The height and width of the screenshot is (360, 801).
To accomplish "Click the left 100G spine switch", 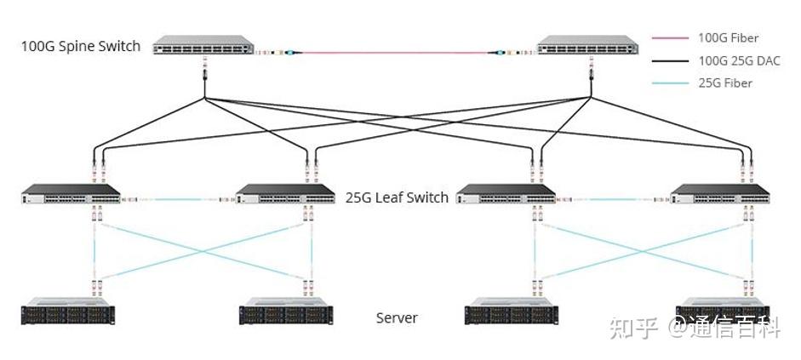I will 204,45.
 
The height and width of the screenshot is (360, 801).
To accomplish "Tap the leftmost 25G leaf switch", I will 71,195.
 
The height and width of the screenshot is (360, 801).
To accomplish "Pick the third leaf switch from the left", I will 506,195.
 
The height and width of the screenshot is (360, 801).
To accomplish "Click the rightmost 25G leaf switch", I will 719,195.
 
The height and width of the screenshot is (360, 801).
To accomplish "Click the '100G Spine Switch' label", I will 81,46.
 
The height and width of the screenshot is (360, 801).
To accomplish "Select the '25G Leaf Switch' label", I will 397,197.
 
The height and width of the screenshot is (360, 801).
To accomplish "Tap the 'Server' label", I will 397,318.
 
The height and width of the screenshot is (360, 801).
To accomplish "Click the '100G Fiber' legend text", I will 728,38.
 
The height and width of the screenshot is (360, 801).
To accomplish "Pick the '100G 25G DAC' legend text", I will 738,60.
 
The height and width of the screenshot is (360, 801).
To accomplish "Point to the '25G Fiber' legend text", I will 724,83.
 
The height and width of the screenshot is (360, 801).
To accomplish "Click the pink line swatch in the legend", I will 668,38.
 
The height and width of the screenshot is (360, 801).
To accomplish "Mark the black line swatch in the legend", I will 668,60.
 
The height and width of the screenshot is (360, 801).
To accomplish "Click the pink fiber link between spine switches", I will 392,53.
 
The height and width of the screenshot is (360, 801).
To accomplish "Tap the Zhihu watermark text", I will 694,327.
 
